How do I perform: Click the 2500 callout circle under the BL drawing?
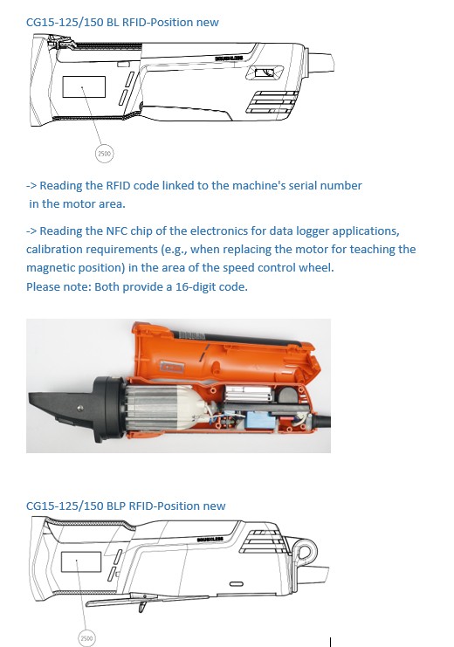click(x=104, y=154)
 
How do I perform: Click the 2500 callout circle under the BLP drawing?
click(x=86, y=638)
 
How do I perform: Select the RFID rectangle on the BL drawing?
click(x=84, y=86)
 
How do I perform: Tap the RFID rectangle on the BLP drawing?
click(x=81, y=561)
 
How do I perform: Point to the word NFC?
click(x=117, y=231)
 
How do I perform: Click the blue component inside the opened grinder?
click(x=259, y=420)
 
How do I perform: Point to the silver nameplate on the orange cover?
click(x=172, y=367)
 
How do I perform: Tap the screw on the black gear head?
click(x=80, y=408)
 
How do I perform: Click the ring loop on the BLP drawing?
click(x=306, y=551)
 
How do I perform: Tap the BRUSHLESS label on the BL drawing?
click(x=229, y=59)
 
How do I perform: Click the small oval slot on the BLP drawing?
click(x=236, y=584)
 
